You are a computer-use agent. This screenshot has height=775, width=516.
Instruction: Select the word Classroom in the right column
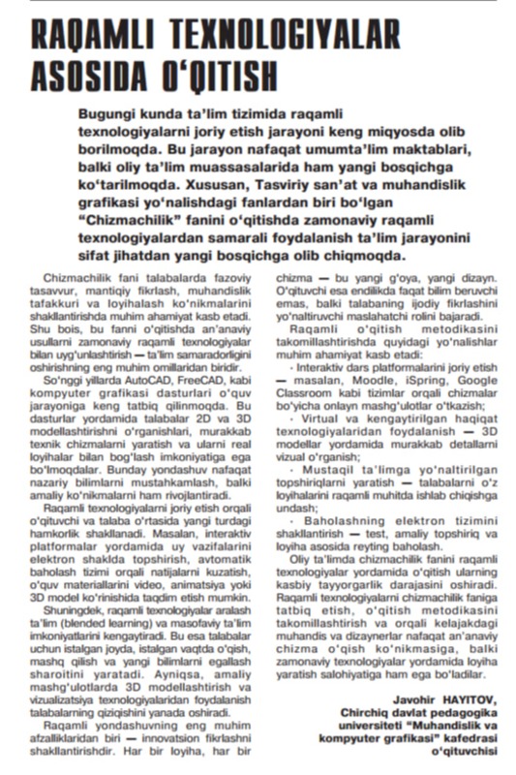(x=306, y=395)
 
